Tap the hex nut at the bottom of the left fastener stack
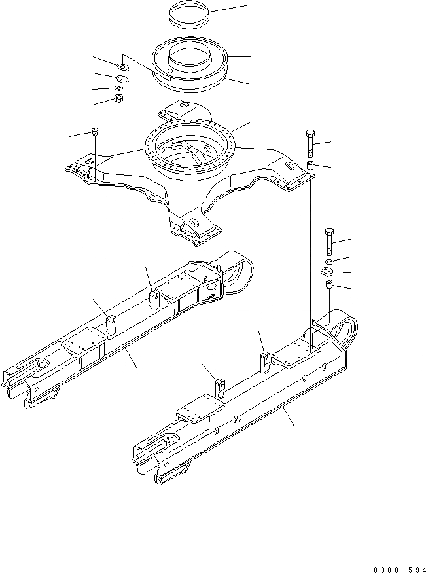coord(118,99)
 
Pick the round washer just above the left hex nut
coord(118,88)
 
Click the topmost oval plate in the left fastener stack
coord(122,66)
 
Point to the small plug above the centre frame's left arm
coord(96,130)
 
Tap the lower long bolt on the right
coord(329,242)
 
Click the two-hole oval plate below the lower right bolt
coord(328,273)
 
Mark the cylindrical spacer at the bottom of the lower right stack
coord(329,287)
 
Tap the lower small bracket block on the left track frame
coord(110,324)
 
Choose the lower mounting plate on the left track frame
coord(82,344)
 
